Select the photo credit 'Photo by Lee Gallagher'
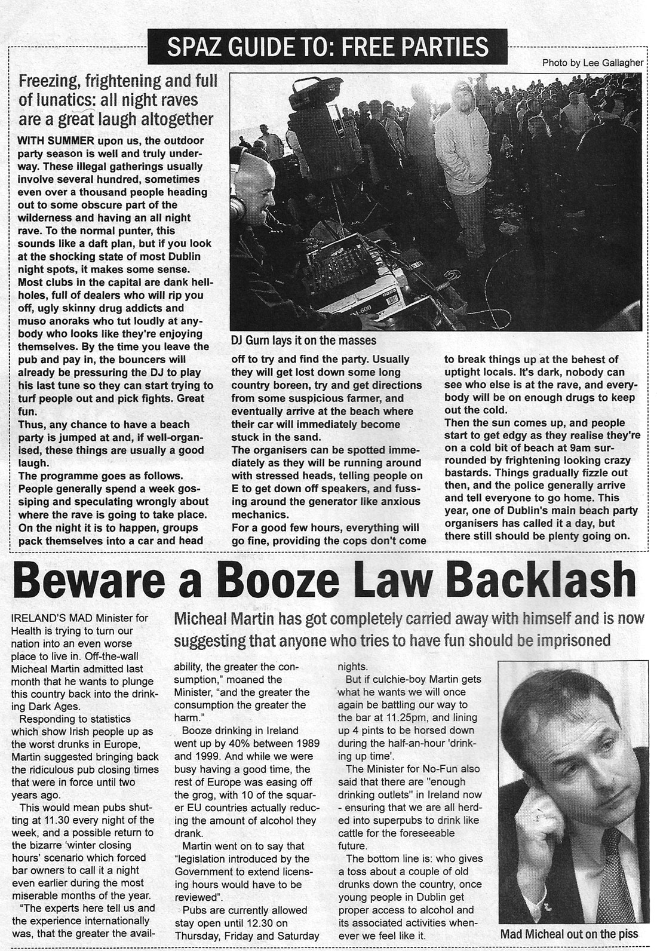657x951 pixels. [592, 63]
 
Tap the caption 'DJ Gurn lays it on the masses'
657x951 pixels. [303, 340]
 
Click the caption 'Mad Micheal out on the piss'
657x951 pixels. [569, 934]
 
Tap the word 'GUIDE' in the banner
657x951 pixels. [254, 46]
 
